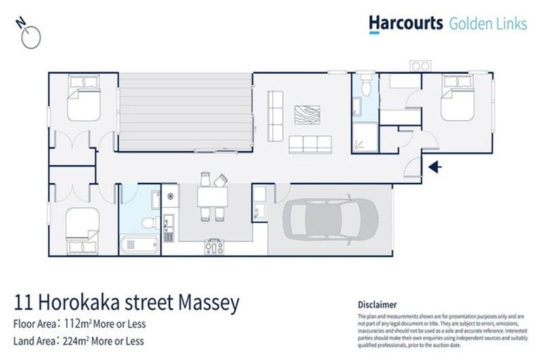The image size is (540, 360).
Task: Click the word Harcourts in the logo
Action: coord(406,23)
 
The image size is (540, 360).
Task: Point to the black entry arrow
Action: coord(435,167)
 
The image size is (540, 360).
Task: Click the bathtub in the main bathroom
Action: coord(140,245)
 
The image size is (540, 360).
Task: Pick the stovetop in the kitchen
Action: coord(214,246)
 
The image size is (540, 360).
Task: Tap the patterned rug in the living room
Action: coord(307,115)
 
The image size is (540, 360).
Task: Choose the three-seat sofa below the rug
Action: coord(309,144)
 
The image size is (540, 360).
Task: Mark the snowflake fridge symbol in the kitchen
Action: coord(169,195)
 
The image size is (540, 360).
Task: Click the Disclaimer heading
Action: coord(378,304)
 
